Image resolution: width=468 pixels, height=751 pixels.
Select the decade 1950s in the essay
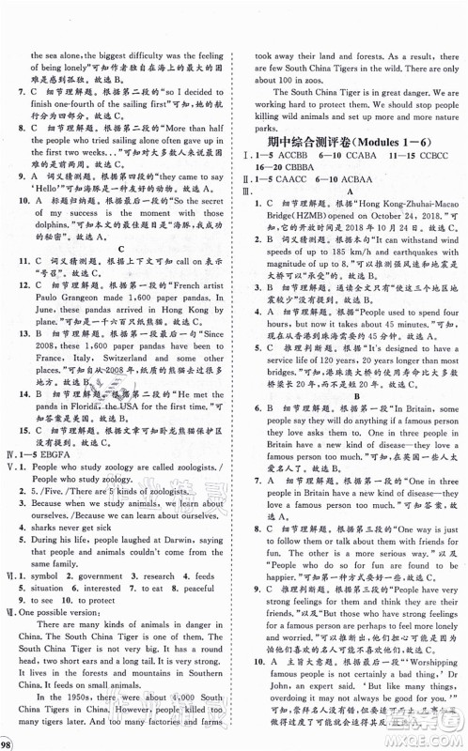click(71, 705)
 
